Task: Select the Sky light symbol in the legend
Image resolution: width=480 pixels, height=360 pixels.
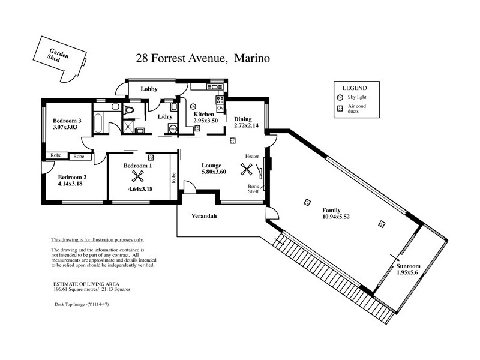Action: click(340, 97)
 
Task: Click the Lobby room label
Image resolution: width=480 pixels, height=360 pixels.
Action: click(149, 89)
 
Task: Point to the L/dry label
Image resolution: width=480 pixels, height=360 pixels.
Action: click(164, 117)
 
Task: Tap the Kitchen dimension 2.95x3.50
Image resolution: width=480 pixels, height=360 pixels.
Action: click(205, 121)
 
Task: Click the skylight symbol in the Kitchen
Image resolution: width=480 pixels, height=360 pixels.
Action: click(197, 128)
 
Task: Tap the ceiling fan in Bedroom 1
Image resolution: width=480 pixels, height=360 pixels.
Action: click(138, 176)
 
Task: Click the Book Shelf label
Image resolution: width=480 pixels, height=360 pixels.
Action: click(254, 189)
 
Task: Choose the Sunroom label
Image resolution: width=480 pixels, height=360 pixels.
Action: click(408, 266)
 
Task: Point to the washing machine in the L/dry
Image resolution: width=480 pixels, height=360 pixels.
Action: click(173, 128)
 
